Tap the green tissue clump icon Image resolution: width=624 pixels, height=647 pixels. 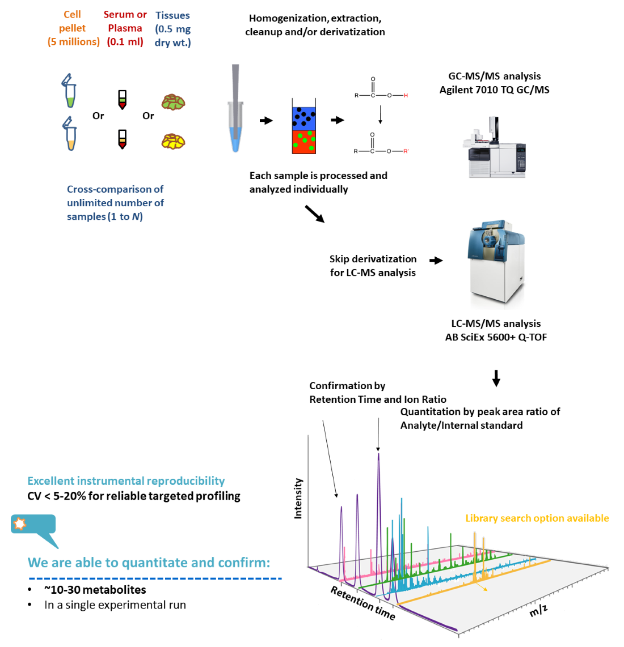tap(173, 102)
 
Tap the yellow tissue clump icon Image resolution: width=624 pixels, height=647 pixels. tap(173, 141)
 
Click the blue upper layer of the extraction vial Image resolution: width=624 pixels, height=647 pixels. tap(303, 118)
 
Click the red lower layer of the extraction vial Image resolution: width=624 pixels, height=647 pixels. tap(303, 142)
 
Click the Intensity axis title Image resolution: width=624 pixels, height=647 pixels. tap(298, 499)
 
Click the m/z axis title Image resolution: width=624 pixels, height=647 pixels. tap(538, 610)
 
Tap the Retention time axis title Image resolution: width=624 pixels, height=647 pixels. tap(363, 603)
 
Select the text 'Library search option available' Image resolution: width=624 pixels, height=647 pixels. tap(537, 518)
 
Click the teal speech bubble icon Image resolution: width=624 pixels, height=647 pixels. tap(34, 525)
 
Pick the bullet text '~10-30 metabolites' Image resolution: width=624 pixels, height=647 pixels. tap(95, 590)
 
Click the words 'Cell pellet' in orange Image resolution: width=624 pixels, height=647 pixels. tap(73, 21)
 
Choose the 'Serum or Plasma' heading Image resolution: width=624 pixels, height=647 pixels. tap(125, 21)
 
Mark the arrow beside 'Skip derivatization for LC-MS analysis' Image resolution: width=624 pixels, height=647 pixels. tap(436, 261)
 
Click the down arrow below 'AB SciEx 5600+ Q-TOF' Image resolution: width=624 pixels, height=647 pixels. tap(496, 378)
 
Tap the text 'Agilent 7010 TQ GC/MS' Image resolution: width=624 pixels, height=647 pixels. tap(494, 90)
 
